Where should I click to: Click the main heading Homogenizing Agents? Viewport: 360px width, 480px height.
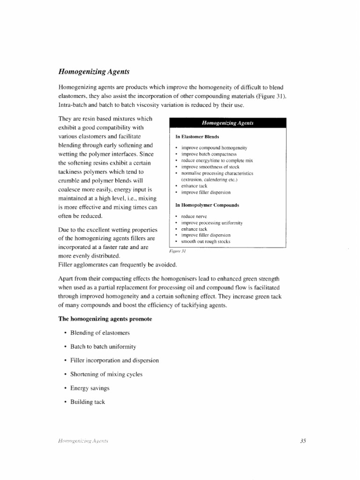94,71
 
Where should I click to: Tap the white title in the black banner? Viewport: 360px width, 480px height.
227,123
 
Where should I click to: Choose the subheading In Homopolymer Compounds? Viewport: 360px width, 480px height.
207,205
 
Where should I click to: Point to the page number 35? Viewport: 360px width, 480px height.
302,440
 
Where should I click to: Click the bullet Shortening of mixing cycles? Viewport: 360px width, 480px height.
105,375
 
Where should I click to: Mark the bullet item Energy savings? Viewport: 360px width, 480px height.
90,388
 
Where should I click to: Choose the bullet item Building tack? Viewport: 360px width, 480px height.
88,402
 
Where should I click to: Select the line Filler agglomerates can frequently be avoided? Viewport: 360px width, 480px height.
117,265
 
